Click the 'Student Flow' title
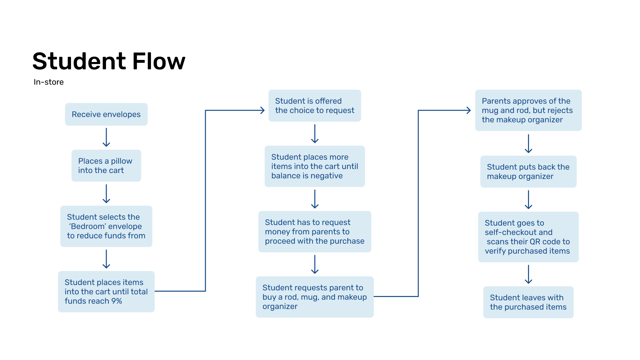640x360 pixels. click(x=109, y=61)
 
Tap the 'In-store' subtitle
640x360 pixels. click(x=49, y=82)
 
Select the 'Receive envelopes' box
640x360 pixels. click(x=106, y=114)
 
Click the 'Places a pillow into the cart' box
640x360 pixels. click(x=106, y=166)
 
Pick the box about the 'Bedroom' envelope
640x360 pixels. click(x=106, y=226)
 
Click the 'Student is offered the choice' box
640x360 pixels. click(x=314, y=106)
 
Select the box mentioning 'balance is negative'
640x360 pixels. click(x=314, y=166)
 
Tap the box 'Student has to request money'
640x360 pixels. click(x=314, y=232)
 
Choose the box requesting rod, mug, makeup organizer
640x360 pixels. click(x=314, y=297)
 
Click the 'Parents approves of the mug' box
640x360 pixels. click(x=528, y=110)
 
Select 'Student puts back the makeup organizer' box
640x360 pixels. click(x=528, y=172)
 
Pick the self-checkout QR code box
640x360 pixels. click(x=528, y=237)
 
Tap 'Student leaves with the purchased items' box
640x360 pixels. click(x=528, y=302)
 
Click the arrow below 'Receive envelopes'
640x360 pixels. click(x=106, y=137)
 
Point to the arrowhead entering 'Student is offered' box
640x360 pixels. click(x=263, y=110)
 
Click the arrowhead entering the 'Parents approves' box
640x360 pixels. click(x=469, y=110)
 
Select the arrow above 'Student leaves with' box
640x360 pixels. click(x=528, y=274)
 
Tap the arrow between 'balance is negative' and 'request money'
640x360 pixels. click(x=315, y=199)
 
